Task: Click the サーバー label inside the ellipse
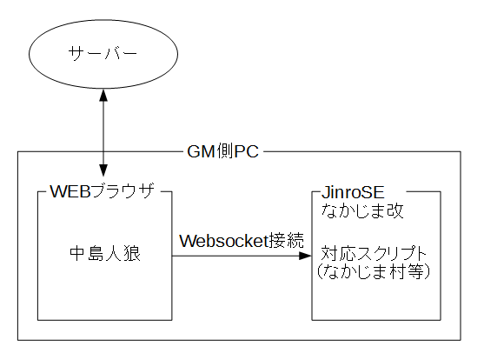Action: coord(103,53)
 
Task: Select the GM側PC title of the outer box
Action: coord(222,151)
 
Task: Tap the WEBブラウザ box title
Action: coord(103,191)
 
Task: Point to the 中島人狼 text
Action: coord(105,254)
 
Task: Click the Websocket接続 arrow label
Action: coord(242,240)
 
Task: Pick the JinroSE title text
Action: coord(353,192)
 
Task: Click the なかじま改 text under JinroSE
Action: coord(362,210)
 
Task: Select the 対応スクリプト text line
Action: coord(374,254)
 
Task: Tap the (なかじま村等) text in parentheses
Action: coord(374,271)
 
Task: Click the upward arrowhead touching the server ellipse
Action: coord(103,95)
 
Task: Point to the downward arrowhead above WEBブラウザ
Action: coord(103,170)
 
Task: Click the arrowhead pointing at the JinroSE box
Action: coord(305,256)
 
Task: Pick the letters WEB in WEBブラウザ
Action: coord(70,191)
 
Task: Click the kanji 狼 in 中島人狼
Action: coord(132,254)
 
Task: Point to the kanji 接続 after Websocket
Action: coord(287,240)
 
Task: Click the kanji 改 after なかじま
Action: coord(395,210)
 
